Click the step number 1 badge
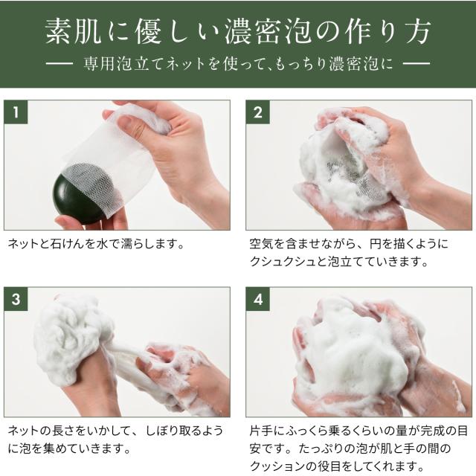point(16,112)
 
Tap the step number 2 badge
point(258,112)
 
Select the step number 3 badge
point(16,299)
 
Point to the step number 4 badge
point(258,299)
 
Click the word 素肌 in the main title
point(73,31)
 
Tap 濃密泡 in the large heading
point(268,31)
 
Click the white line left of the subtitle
point(59,64)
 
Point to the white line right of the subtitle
point(416,64)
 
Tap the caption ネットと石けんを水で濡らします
point(97,244)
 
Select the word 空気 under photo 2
point(261,244)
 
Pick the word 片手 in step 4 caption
point(261,431)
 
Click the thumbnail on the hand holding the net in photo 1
point(127,123)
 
